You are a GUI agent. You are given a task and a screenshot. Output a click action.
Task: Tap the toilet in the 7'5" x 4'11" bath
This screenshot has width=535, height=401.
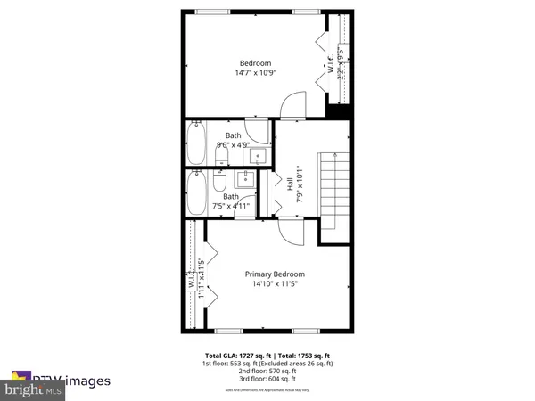[221, 183]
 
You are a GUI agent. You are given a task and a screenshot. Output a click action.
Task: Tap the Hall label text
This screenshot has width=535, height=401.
[290, 184]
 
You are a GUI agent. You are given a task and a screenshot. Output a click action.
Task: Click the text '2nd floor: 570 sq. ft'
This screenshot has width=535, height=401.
[268, 370]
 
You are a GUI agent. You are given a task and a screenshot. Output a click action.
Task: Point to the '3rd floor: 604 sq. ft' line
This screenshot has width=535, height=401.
[268, 379]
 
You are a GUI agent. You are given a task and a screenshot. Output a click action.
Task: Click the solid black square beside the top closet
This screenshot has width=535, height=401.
[337, 112]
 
